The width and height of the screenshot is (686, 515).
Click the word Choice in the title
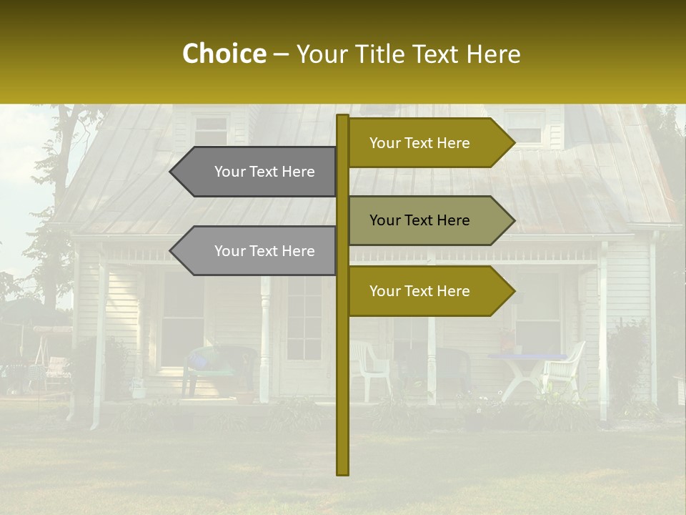(224, 54)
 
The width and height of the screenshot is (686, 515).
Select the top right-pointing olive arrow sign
(422, 143)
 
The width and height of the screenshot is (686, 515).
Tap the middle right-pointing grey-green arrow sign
(422, 220)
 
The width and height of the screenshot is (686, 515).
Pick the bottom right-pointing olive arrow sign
(422, 291)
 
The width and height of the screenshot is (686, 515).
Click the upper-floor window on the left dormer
(211, 131)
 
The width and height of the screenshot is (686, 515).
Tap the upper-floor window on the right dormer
(525, 127)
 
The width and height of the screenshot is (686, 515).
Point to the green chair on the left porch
(221, 365)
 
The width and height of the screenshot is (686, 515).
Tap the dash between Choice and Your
(281, 54)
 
